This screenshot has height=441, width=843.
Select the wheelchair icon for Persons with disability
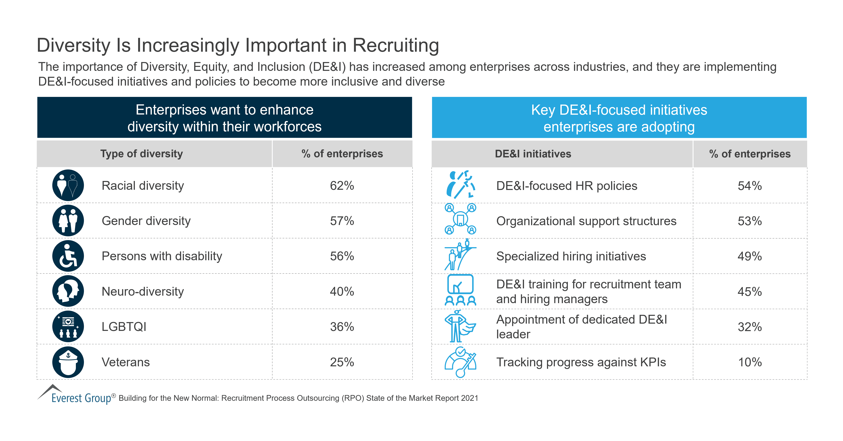point(68,256)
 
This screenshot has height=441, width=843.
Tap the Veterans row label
point(126,362)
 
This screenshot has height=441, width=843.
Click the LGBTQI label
point(124,327)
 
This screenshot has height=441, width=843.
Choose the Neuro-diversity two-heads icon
point(68,291)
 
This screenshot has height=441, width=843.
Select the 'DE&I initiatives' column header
point(533,154)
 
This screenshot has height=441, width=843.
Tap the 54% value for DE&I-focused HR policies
point(749,186)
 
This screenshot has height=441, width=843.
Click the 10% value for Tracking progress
point(749,362)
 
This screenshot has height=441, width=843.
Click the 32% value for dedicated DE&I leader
point(749,327)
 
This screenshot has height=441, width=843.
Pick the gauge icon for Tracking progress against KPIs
point(460,362)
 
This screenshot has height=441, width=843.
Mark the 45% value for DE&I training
point(749,291)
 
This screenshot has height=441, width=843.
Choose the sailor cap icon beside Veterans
point(68,362)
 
